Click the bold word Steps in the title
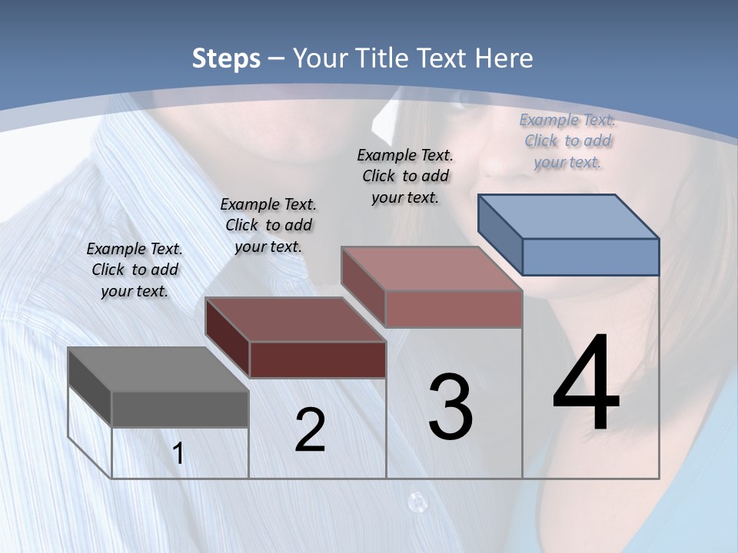coord(226,58)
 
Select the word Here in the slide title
coord(504,58)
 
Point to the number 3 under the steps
coord(450,408)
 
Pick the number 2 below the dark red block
coord(310,431)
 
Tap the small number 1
coord(178,454)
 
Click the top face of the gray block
coord(158,370)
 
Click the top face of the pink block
coord(431,270)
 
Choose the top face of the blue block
coord(568,217)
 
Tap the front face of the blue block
coord(590,257)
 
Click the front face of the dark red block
coord(317,359)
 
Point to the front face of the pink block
coord(454,309)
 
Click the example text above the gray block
coord(135,270)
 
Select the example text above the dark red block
coord(268,225)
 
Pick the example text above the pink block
coord(405,176)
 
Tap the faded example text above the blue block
coord(567,141)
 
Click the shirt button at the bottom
coord(417,502)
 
